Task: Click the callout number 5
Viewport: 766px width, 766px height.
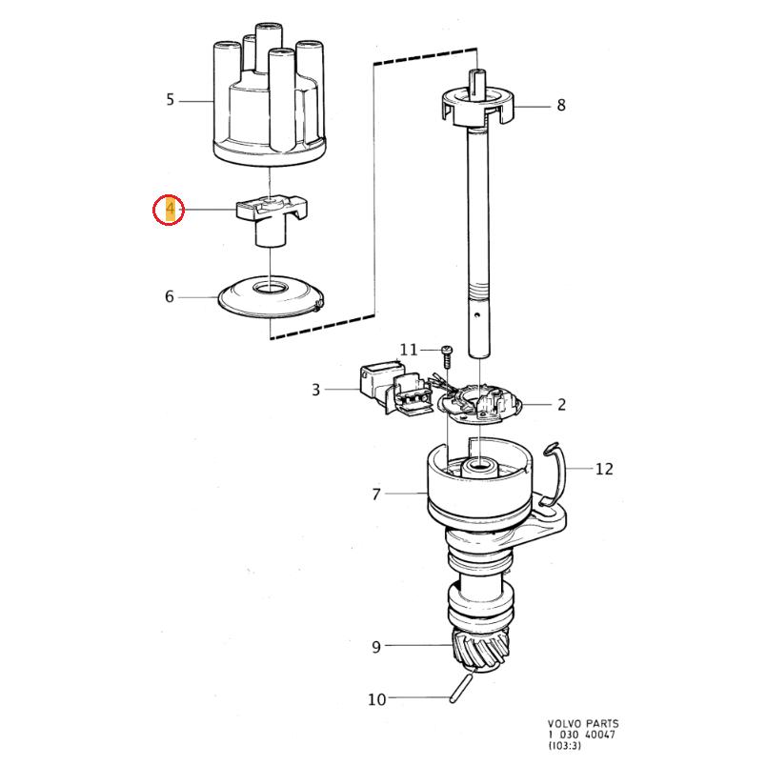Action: [170, 99]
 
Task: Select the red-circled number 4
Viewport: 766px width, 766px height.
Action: [170, 210]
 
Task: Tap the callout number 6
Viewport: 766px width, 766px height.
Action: [170, 296]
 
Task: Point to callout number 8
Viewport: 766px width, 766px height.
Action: [561, 105]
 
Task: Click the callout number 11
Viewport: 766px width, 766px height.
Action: [409, 350]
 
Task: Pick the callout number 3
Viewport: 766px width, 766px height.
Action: [315, 389]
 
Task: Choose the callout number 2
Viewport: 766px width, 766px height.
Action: [561, 404]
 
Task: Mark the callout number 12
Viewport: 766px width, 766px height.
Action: [604, 468]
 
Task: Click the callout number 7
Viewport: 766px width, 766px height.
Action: [376, 494]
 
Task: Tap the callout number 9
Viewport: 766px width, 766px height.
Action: [376, 647]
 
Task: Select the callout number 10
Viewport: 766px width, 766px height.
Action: [377, 699]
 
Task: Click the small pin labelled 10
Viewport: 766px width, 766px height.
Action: [464, 684]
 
